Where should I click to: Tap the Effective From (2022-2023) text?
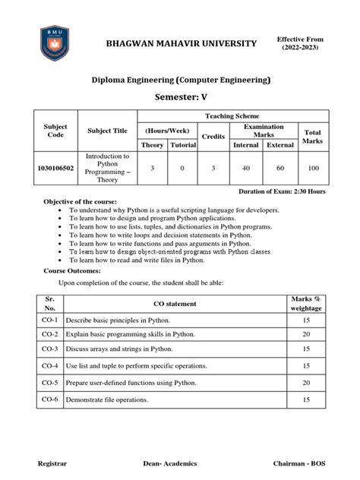300,43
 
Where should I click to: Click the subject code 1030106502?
56,169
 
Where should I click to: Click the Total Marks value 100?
313,169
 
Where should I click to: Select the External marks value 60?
280,169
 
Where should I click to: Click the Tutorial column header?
182,145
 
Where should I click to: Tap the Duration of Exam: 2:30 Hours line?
283,191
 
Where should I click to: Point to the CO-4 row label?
50,365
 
